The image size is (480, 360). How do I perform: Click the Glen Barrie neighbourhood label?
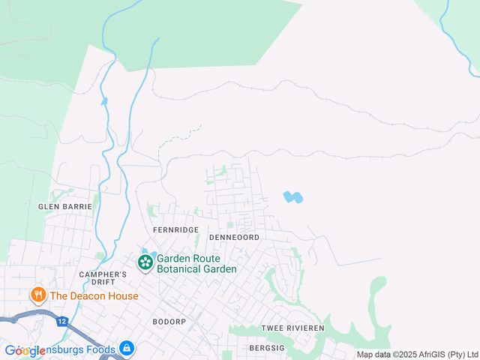65,206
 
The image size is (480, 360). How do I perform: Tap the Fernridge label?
175,229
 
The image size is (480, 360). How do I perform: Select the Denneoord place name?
234,237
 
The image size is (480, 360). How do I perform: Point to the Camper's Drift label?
103,279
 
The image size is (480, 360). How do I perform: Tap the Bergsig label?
267,349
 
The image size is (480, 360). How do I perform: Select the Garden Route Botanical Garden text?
196,264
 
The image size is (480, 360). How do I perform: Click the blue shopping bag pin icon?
127,349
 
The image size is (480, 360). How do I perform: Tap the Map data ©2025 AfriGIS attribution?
417,355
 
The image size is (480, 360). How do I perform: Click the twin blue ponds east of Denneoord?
292,197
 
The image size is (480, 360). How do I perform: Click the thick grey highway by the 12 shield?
30,319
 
